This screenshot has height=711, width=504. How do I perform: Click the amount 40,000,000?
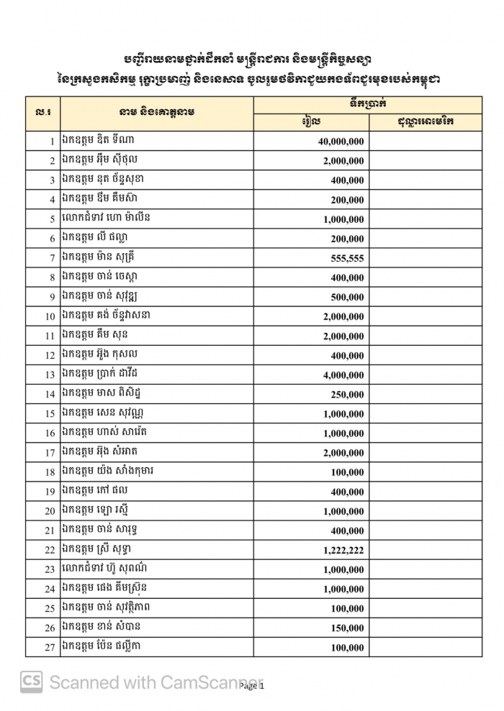point(341,142)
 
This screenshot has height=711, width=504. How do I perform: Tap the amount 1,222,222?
point(341,550)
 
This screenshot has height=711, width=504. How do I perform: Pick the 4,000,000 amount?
point(343,375)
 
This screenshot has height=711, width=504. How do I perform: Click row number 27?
point(50,648)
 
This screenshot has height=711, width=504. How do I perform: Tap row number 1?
point(53,142)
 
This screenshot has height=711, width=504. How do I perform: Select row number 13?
point(50,375)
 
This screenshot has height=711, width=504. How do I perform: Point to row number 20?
point(50,511)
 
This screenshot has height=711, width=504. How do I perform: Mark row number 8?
point(53,277)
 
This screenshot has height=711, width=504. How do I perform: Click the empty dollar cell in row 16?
point(426,433)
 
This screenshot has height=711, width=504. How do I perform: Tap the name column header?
point(157,112)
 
